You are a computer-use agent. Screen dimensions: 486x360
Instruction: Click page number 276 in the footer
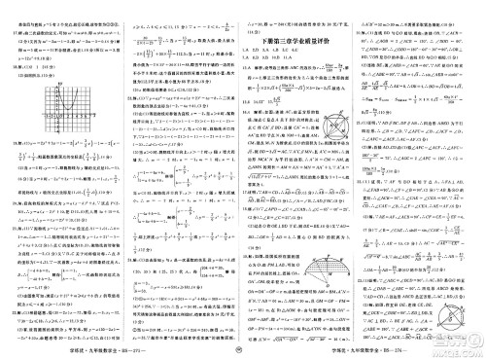[458, 352]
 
